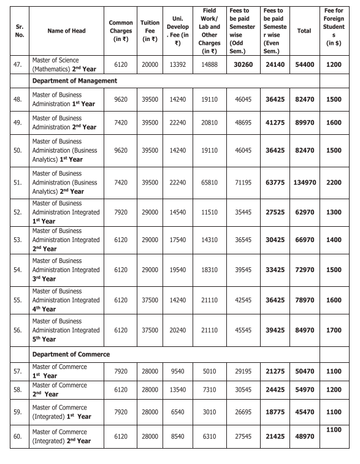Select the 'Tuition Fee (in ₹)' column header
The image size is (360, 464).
[x=150, y=31]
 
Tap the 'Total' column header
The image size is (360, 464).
[x=304, y=31]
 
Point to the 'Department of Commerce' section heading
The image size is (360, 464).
[x=71, y=354]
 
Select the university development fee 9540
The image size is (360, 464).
[x=178, y=371]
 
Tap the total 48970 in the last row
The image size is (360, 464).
[x=304, y=437]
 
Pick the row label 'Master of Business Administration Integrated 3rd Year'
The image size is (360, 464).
[x=66, y=270]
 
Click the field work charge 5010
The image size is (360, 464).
[x=209, y=371]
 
